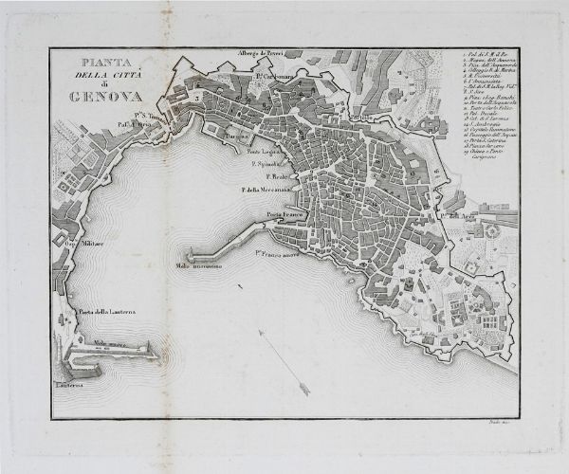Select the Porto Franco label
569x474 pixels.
[287, 215]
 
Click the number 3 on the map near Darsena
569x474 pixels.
[197, 97]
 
